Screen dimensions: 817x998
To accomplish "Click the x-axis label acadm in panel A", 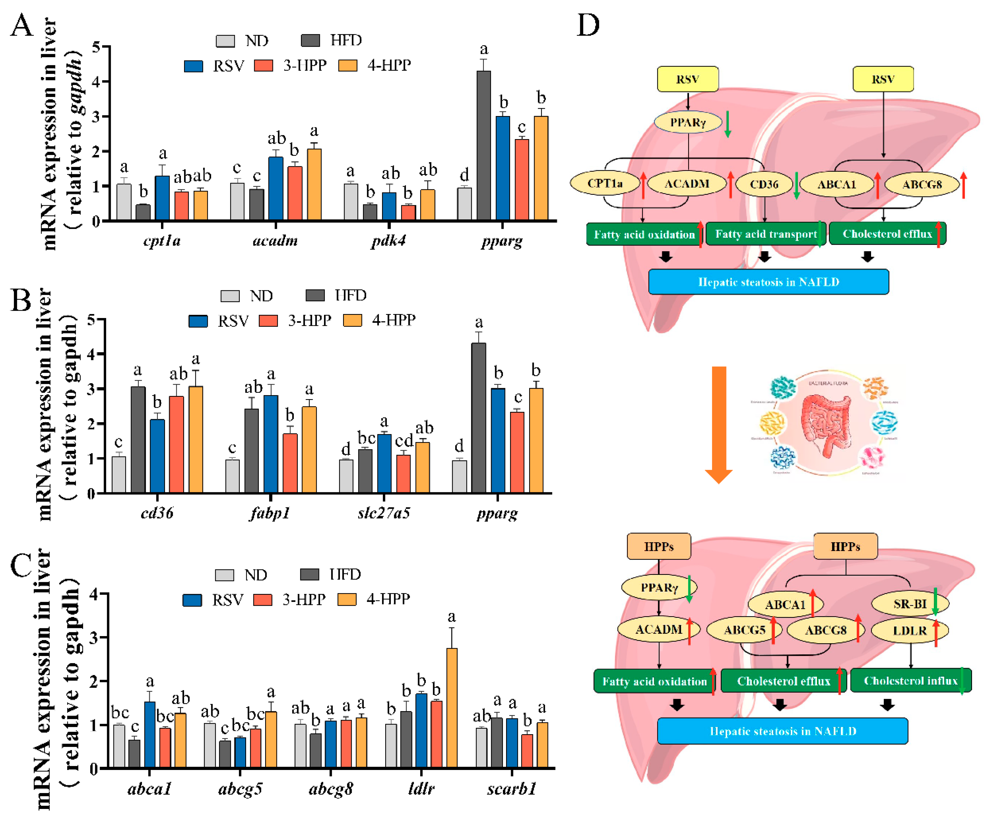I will tap(275, 241).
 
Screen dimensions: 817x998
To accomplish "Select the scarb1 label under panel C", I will tap(512, 788).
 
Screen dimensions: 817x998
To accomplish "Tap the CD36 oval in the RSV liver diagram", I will tap(764, 184).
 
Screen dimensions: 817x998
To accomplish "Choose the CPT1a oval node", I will tap(605, 184).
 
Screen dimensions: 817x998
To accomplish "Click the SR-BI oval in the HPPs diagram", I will tap(909, 604).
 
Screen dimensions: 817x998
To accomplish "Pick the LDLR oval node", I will tap(909, 631).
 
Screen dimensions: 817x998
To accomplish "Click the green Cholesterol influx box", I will tap(911, 680).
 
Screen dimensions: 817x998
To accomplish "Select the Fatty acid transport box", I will tap(765, 234).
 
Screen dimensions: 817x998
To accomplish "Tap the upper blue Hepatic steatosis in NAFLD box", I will tap(768, 282).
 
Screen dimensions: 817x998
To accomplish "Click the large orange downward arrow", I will tap(718, 424).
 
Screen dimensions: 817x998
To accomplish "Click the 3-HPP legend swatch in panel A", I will tap(263, 66).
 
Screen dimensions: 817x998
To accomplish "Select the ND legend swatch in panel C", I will tap(224, 575).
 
